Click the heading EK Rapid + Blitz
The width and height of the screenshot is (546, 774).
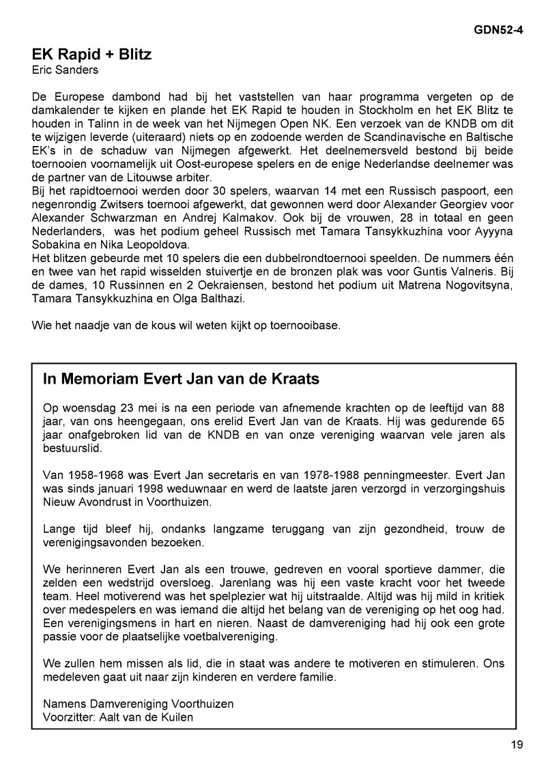click(91, 55)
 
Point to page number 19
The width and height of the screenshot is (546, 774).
click(517, 745)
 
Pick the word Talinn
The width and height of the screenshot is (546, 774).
click(87, 125)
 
